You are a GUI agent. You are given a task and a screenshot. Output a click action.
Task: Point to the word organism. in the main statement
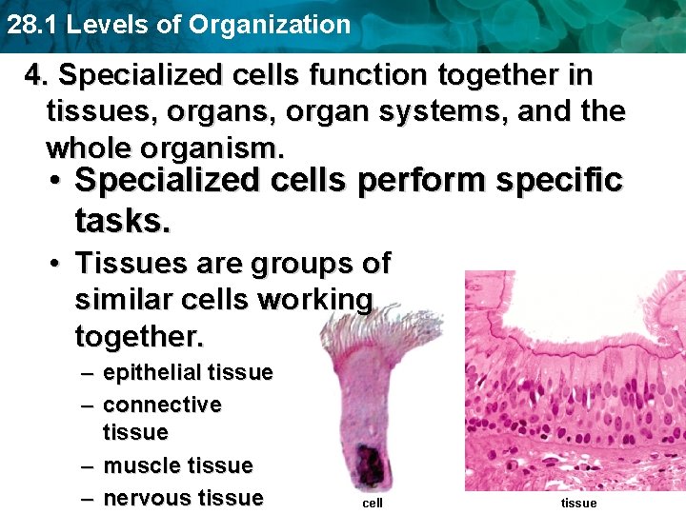[x=223, y=148]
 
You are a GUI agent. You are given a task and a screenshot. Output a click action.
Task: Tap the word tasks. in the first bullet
[x=123, y=221]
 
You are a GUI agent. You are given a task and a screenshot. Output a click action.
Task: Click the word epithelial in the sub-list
[x=152, y=373]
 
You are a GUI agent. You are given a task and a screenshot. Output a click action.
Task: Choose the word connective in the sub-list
[x=162, y=405]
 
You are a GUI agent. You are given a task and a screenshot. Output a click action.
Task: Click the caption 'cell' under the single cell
[x=372, y=503]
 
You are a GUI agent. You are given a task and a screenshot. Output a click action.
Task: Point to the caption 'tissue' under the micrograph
[x=578, y=503]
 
